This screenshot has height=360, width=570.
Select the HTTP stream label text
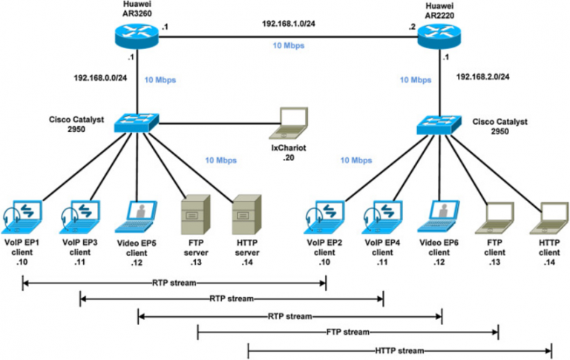point(400,350)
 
